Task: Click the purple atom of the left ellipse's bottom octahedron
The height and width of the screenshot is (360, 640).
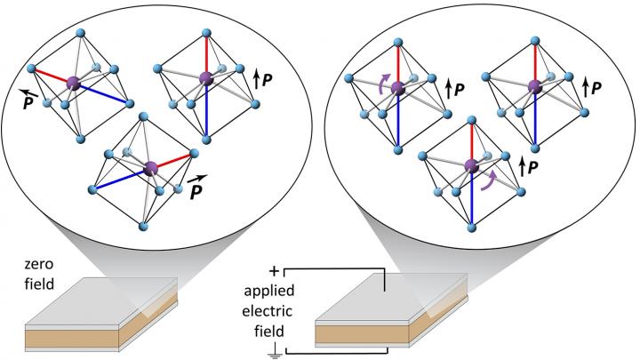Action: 150,167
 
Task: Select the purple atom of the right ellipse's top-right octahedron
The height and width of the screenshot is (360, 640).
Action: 534,86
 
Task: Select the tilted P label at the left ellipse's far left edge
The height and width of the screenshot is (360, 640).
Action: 31,95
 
